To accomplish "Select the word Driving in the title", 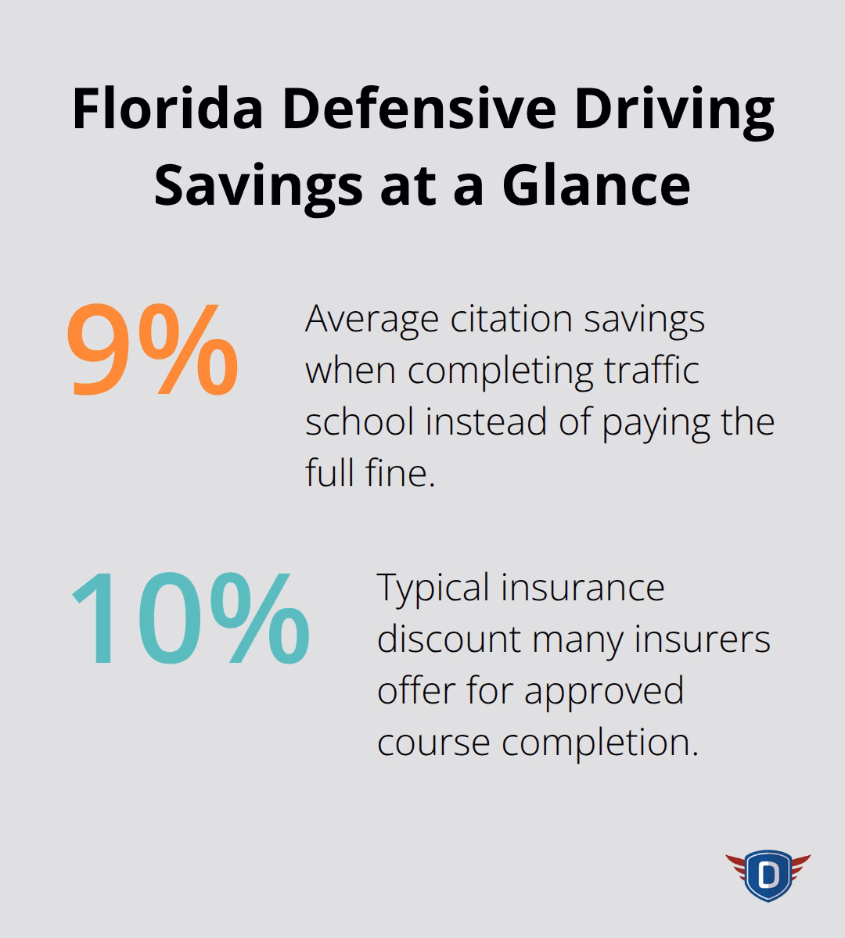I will pyautogui.click(x=674, y=111).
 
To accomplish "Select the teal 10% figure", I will pyautogui.click(x=190, y=619).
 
